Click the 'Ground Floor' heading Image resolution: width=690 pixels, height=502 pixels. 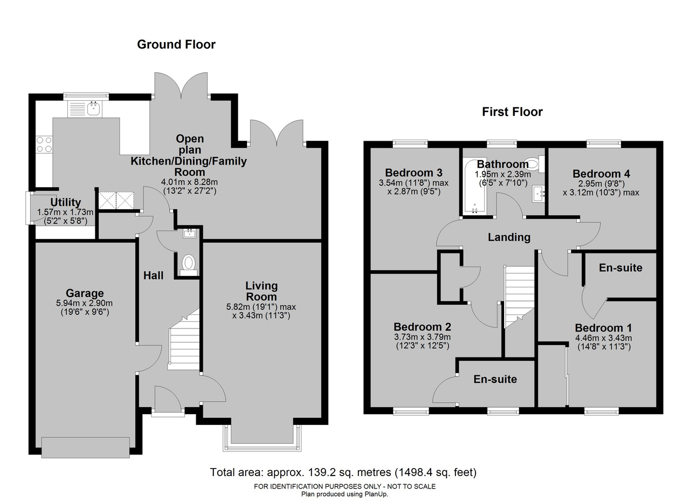click(x=176, y=44)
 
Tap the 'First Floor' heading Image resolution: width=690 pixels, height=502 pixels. click(x=512, y=112)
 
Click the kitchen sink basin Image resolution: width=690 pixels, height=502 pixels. click(x=94, y=109)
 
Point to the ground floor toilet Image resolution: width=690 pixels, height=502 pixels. click(x=189, y=265)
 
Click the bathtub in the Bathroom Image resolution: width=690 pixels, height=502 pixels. click(x=475, y=186)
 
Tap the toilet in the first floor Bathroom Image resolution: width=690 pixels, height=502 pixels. click(x=535, y=163)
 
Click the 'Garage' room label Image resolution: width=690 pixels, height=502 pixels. click(x=85, y=293)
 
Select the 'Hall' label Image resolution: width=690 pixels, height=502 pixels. click(x=154, y=276)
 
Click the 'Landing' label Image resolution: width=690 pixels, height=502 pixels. click(x=509, y=237)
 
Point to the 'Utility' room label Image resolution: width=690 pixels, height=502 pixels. click(x=66, y=202)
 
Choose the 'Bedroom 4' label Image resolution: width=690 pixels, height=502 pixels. click(x=601, y=174)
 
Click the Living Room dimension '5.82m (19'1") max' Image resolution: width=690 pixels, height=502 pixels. click(x=261, y=307)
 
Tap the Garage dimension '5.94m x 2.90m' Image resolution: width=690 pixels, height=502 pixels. click(x=85, y=303)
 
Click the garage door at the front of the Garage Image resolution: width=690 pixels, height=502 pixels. click(x=86, y=448)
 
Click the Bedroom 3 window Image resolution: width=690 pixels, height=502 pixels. click(x=410, y=143)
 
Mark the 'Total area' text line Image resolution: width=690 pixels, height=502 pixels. click(x=343, y=472)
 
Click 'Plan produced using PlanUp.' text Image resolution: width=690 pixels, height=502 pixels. click(x=344, y=494)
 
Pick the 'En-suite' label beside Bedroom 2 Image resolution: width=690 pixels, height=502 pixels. click(x=495, y=379)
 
